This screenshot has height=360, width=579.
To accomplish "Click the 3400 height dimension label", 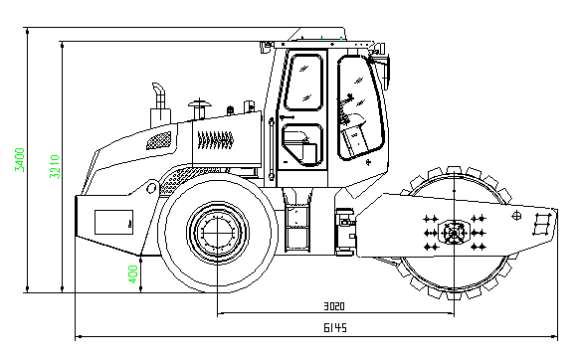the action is (20, 159).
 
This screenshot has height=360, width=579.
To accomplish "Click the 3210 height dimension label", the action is (55, 166).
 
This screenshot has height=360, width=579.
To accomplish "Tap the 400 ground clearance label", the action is (133, 273).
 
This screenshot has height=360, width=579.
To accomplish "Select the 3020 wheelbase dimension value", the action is (334, 306).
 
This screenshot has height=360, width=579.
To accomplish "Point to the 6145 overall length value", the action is (335, 328).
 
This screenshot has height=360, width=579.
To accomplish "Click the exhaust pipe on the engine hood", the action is (159, 104).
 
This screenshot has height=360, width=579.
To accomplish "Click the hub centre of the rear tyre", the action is (217, 233).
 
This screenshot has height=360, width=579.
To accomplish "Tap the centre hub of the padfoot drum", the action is (454, 233).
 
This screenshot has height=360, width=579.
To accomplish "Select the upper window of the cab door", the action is (303, 82).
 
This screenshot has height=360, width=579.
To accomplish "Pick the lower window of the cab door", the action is (302, 145).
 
